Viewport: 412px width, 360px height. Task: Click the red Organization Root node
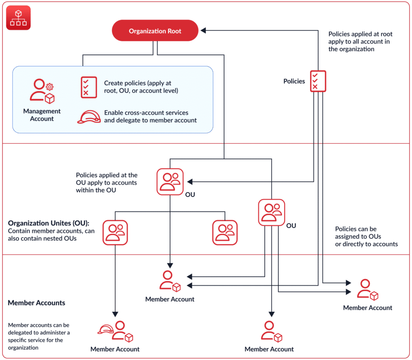tap(155, 31)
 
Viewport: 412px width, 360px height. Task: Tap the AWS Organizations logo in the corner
tap(19, 18)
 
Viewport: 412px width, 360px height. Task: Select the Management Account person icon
tap(42, 91)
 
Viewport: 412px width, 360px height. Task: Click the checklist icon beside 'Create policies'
tap(89, 87)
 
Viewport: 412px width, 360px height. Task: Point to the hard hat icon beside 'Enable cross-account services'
tap(89, 117)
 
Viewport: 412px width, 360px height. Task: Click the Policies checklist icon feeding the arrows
tap(318, 81)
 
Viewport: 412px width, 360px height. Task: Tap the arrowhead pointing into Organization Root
tap(203, 30)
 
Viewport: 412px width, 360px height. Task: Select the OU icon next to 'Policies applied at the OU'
tap(170, 182)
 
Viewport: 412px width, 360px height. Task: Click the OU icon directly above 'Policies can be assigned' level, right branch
tap(272, 213)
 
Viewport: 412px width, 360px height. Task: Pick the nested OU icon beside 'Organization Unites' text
tap(115, 232)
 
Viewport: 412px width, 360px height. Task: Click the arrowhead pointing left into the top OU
tap(190, 182)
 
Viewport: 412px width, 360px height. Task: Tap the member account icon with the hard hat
tap(115, 331)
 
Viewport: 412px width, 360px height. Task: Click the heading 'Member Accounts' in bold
tap(37, 303)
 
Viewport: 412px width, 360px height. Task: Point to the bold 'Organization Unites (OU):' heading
tap(49, 223)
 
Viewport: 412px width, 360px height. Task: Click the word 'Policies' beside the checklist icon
tap(294, 81)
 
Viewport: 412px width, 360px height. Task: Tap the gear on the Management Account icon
tap(49, 87)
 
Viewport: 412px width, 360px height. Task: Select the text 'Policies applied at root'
tap(360, 34)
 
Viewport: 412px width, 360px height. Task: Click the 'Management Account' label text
tap(42, 115)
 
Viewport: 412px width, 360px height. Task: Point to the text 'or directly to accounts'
tap(366, 244)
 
